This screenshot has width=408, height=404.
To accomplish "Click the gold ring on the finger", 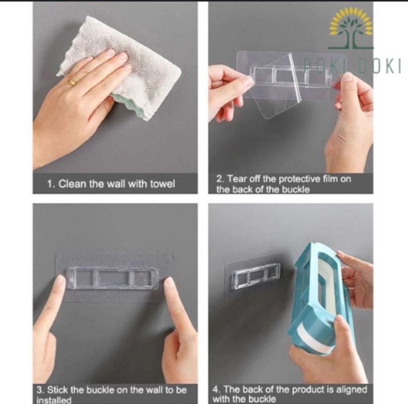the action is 73,82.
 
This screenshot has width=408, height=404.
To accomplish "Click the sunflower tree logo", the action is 351,28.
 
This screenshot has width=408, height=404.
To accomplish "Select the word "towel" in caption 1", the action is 163,184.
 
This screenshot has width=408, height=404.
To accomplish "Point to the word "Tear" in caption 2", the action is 237,179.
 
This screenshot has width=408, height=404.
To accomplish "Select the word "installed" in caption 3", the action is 54,400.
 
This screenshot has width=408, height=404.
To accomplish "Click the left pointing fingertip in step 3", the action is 61,281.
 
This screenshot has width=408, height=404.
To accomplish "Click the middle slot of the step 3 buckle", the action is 113,278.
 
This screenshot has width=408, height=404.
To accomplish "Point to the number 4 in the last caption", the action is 216,390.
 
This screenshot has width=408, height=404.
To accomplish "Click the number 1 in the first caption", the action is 50,184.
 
